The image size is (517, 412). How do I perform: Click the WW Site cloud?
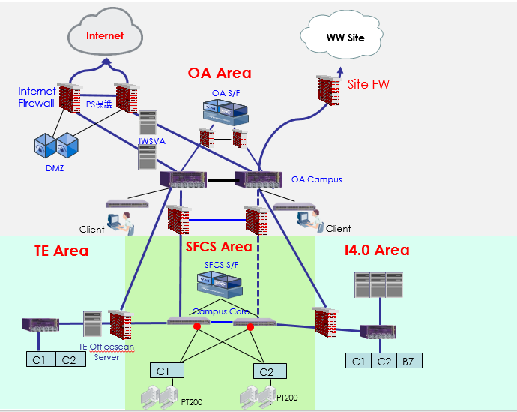tap(345, 36)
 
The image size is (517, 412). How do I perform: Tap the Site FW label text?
tap(369, 84)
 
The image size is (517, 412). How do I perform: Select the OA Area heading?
tap(220, 73)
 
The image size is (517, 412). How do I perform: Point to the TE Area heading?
tap(61, 251)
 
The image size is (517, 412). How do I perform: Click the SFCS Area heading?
tap(219, 246)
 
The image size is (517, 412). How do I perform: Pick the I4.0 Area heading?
tap(377, 250)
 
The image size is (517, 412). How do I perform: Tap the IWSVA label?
tap(150, 140)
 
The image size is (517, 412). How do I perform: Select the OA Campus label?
tap(316, 179)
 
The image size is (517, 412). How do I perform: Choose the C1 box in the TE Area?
tap(39, 359)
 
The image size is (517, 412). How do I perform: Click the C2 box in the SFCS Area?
tap(266, 371)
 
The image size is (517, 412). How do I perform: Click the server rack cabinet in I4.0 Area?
tap(379, 286)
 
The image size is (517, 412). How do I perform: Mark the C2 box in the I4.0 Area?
tap(384, 361)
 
